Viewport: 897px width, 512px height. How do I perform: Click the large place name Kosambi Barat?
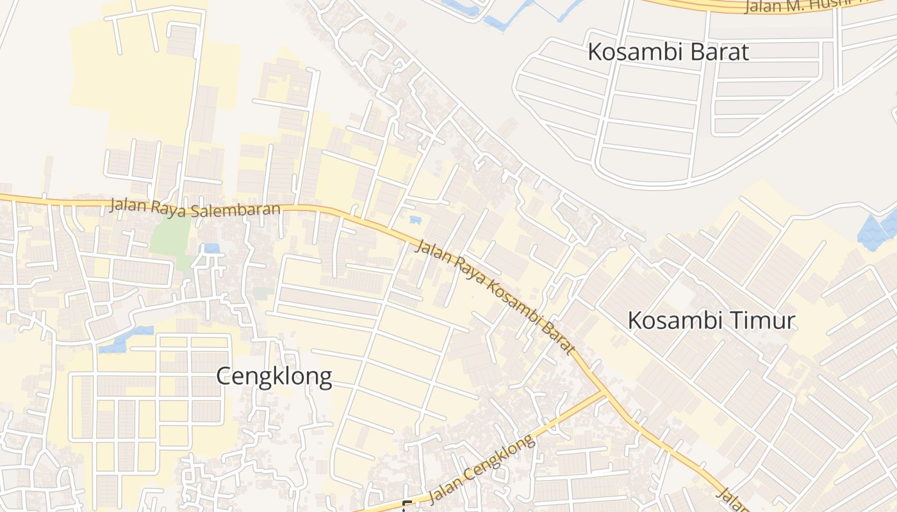[668, 52]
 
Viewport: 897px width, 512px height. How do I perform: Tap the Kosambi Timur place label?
[711, 320]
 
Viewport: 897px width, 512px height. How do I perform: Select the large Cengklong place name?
[274, 376]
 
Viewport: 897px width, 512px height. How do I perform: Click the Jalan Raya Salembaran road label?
[195, 207]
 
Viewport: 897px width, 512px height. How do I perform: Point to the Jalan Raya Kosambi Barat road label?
[494, 296]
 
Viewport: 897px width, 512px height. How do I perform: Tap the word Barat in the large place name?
[718, 52]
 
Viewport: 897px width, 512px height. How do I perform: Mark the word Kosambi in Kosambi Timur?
[675, 320]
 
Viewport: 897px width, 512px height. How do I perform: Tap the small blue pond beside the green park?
[211, 248]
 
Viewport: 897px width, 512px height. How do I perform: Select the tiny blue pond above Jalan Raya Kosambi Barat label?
[415, 220]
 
